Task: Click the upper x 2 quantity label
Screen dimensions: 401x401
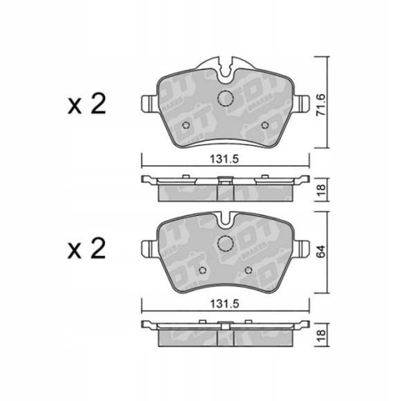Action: [87, 106]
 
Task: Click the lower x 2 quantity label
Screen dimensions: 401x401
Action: [87, 250]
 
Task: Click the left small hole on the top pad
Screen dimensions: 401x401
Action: [187, 125]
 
